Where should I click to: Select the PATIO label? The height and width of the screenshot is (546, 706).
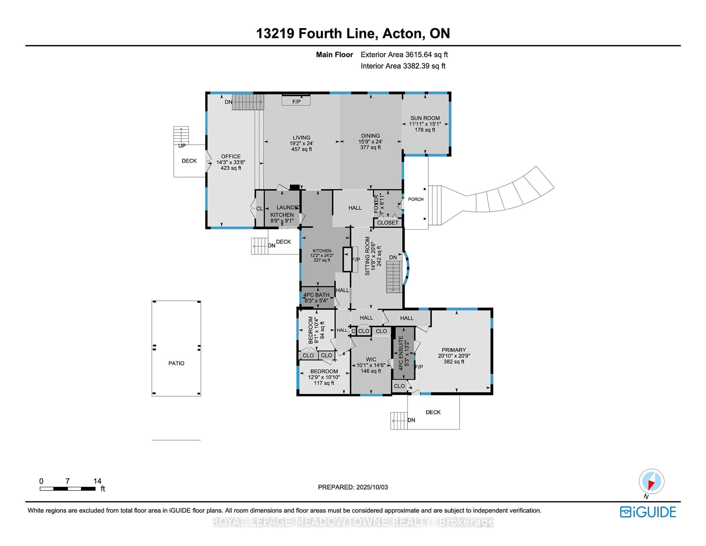176,363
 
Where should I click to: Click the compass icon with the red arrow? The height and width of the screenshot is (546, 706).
651,481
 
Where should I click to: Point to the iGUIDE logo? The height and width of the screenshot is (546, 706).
648,512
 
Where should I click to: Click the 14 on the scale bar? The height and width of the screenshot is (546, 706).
97,481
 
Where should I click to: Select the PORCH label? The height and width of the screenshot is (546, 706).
416,199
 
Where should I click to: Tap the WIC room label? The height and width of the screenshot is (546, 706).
371,359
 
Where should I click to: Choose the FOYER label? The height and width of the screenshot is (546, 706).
376,204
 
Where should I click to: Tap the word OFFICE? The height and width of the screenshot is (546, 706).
231,156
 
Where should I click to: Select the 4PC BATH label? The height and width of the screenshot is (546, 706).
316,295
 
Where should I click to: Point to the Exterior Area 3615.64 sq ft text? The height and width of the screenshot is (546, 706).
404,55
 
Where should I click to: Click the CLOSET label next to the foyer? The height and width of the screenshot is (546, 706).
388,223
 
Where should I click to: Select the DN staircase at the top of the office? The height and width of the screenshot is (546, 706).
248,102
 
